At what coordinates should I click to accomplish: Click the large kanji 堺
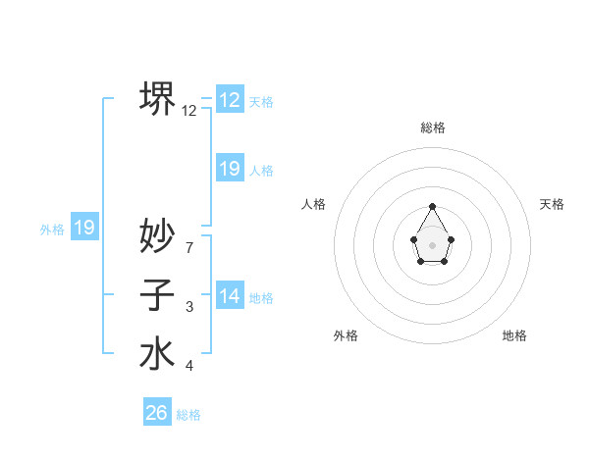tap(157, 98)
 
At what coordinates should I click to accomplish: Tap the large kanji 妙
tap(157, 235)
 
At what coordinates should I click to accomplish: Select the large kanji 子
tap(157, 294)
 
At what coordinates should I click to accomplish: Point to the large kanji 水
tap(157, 353)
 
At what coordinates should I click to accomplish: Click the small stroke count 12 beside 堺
tap(189, 111)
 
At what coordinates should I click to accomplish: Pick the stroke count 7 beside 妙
tap(189, 247)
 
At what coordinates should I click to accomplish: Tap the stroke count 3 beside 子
tap(189, 307)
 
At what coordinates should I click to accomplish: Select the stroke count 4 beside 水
tap(189, 366)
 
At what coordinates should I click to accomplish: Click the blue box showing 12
tap(230, 100)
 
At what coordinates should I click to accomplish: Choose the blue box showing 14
tap(230, 296)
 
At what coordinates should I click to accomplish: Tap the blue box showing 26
tap(157, 413)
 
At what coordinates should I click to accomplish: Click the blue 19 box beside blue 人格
tap(230, 169)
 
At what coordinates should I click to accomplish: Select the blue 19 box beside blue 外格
tap(84, 228)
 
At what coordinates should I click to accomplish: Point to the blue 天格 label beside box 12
tap(261, 102)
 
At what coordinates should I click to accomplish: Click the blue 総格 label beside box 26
tap(188, 415)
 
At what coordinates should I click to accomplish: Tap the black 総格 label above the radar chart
tap(432, 128)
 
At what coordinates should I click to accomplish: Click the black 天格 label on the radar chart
tap(552, 204)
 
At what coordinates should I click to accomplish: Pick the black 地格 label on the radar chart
tap(514, 335)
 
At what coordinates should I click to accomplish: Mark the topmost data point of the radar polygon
tap(432, 206)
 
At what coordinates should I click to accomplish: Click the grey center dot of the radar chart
tap(432, 243)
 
